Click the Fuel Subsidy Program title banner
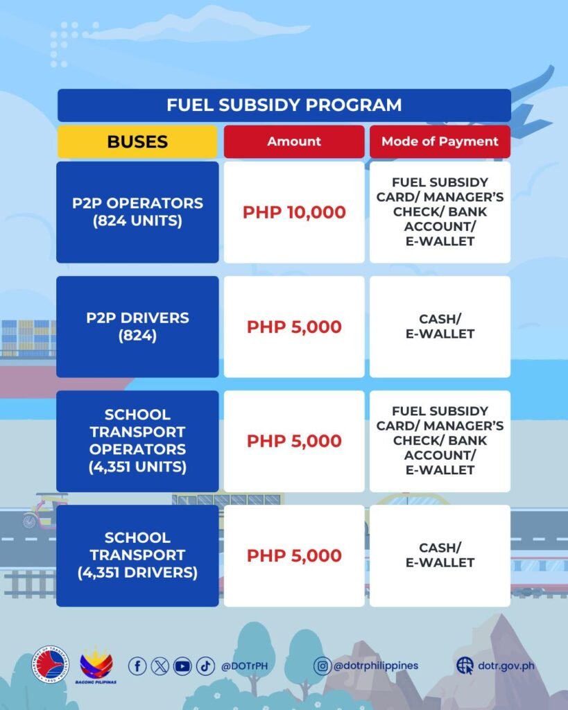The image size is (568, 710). [284, 105]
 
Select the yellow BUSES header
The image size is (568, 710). [137, 141]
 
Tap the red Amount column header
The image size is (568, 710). [294, 141]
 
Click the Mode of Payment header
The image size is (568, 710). [440, 141]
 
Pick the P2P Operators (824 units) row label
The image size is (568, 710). [137, 212]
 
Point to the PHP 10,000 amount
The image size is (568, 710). [294, 212]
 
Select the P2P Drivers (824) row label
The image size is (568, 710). [137, 327]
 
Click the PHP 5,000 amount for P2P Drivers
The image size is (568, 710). [294, 327]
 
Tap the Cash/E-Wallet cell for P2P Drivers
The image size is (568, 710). [440, 327]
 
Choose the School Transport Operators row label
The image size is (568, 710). [137, 441]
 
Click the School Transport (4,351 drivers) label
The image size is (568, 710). [137, 555]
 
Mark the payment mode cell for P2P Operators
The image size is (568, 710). [440, 212]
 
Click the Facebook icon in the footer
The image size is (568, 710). [137, 666]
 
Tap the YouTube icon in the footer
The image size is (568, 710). [182, 666]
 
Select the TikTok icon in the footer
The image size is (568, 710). [205, 666]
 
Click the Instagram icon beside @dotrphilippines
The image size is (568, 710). [322, 666]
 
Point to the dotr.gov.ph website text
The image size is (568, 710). [506, 666]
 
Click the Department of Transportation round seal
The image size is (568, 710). [50, 665]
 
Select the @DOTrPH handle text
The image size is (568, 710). [244, 666]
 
